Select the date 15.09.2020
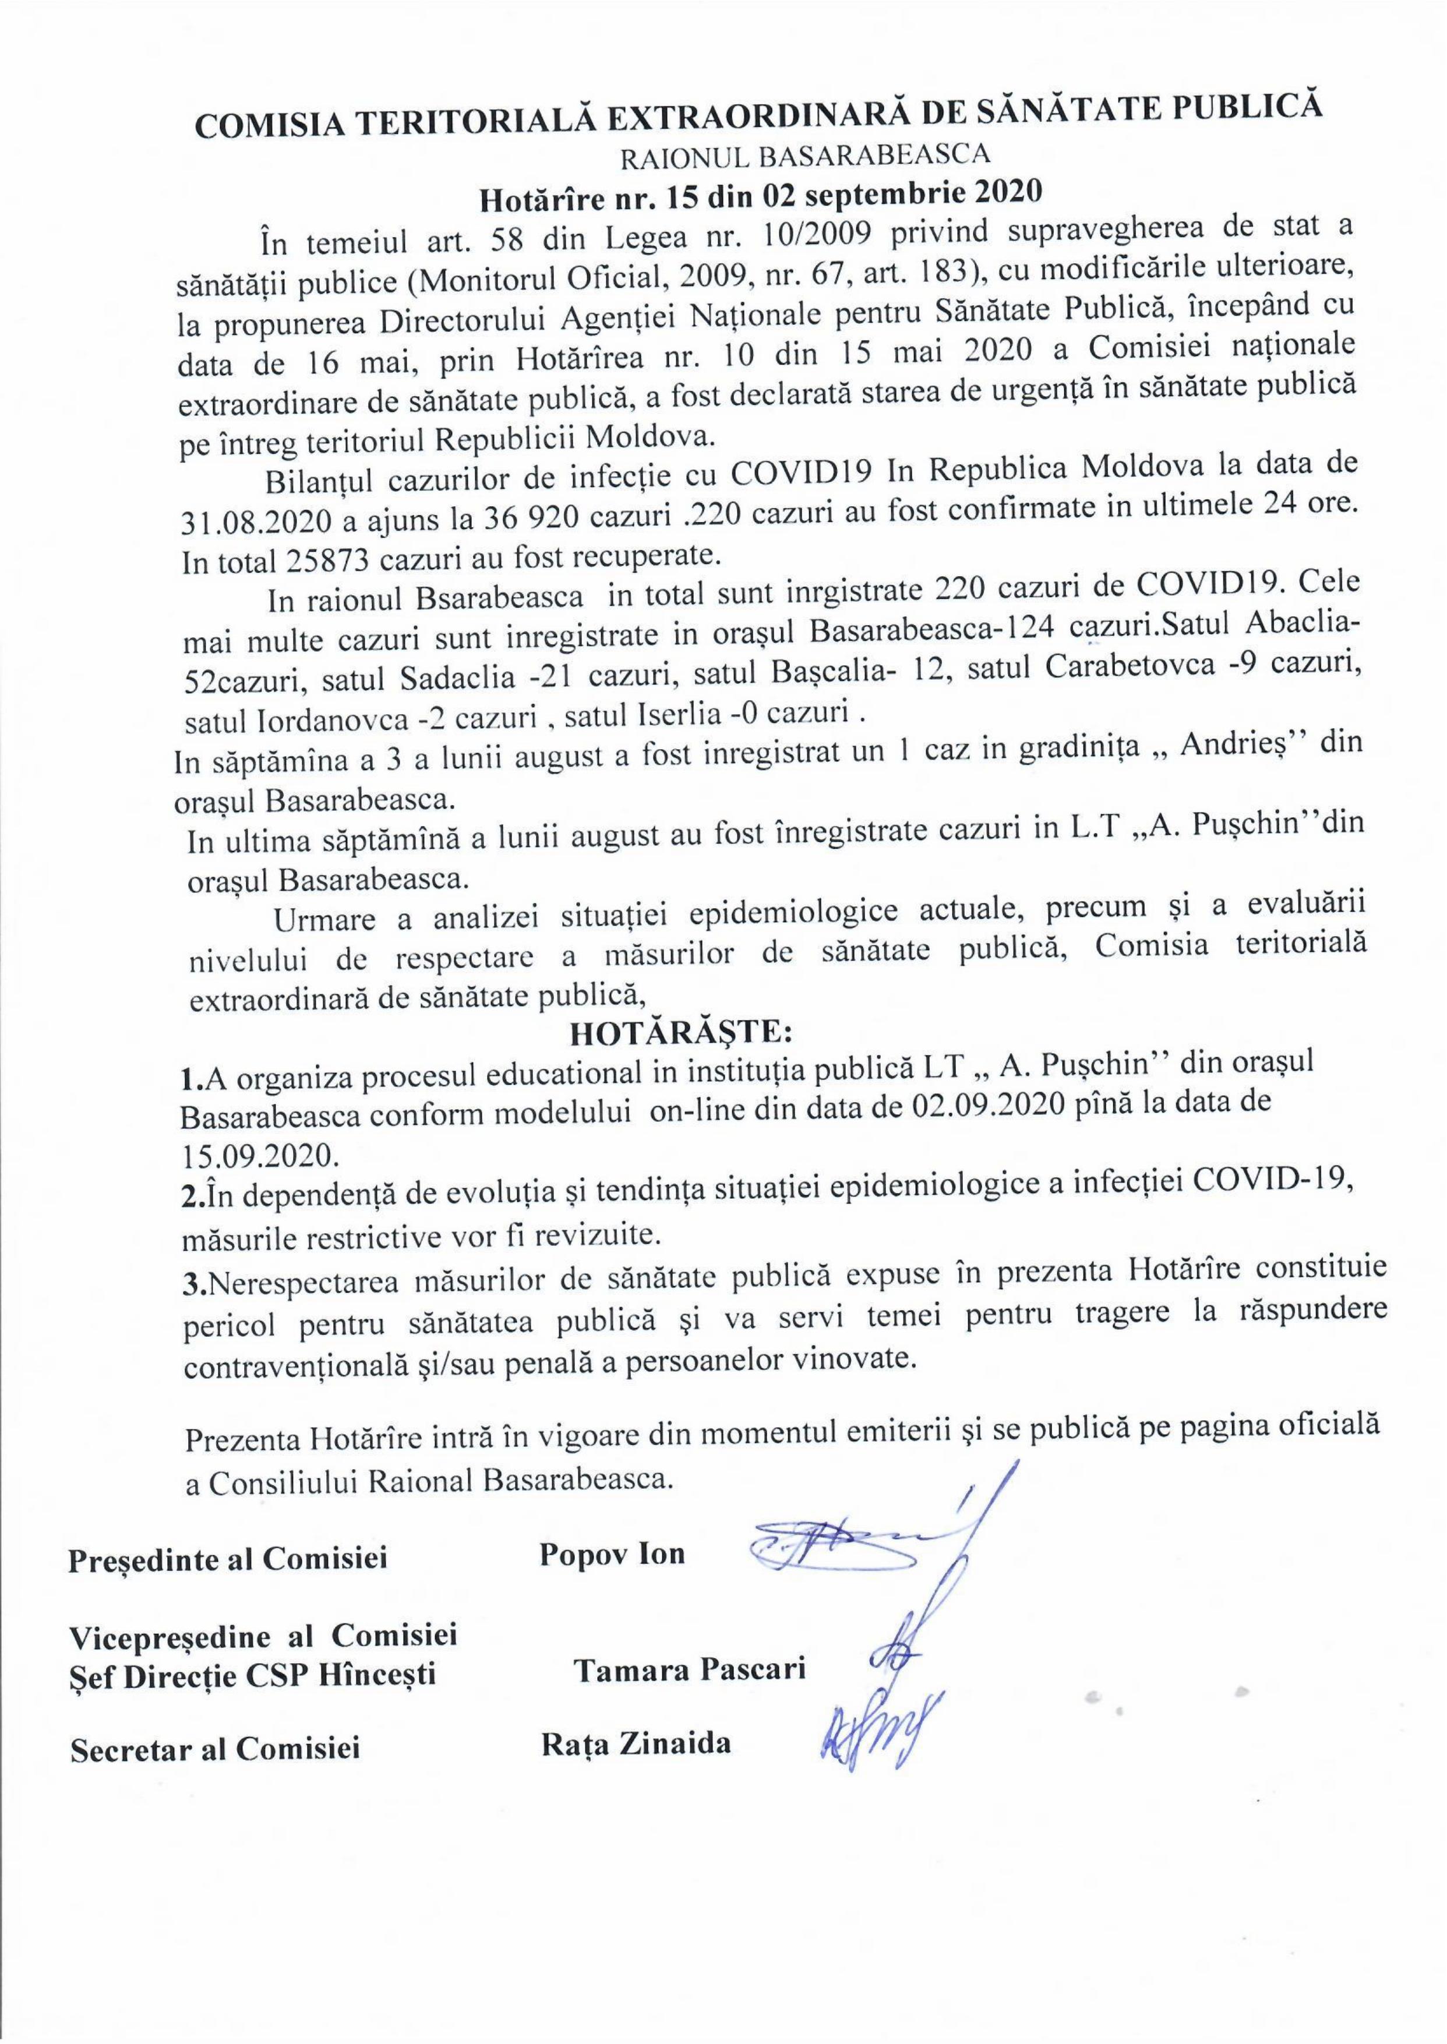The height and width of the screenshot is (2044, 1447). point(259,1156)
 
